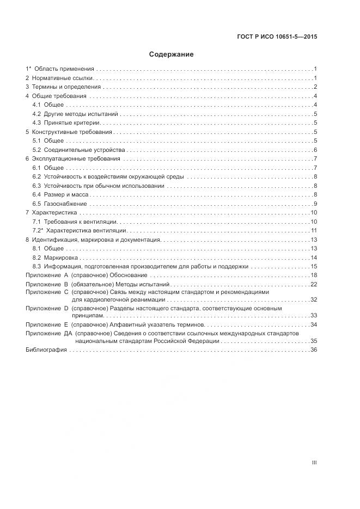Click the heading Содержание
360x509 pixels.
pyautogui.click(x=172, y=55)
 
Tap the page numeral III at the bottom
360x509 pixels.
pyautogui.click(x=314, y=463)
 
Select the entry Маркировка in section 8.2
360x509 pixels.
pyautogui.click(x=61, y=257)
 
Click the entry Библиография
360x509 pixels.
pyautogui.click(x=46, y=349)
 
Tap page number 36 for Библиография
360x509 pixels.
pyautogui.click(x=314, y=349)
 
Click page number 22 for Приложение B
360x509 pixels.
pyautogui.click(x=314, y=284)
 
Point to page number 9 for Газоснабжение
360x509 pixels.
pyautogui.click(x=315, y=204)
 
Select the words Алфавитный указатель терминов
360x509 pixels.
pyautogui.click(x=156, y=324)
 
